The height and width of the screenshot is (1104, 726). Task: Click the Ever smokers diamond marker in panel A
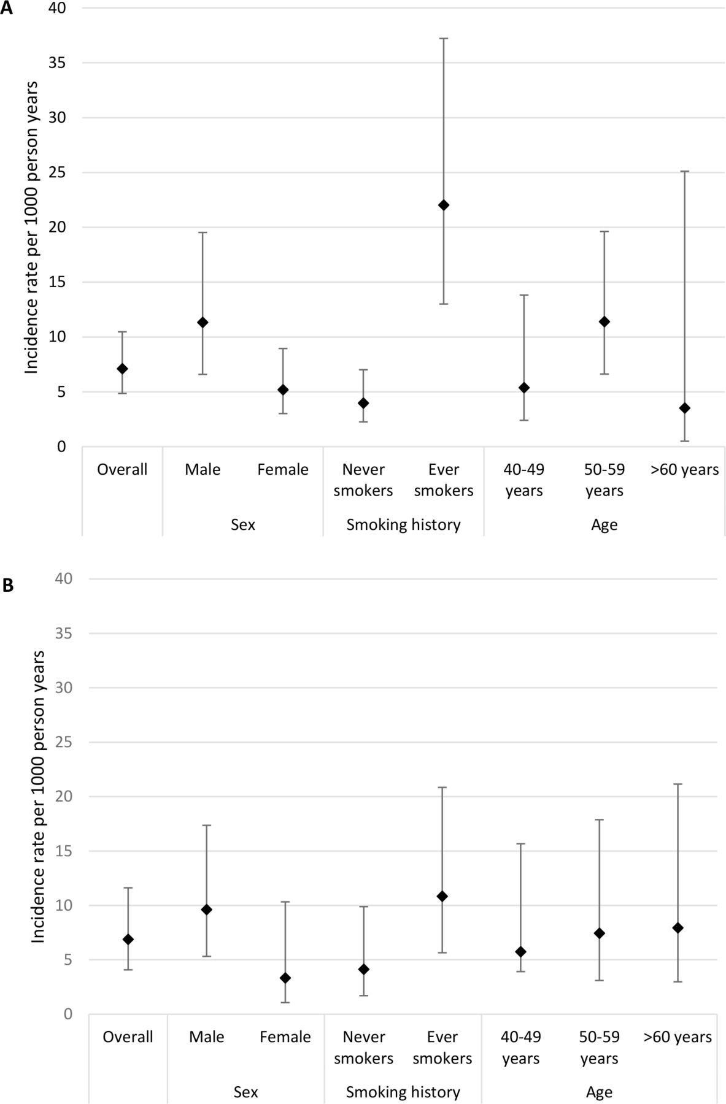[x=444, y=205]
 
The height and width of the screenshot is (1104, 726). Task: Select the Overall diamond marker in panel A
[x=122, y=369]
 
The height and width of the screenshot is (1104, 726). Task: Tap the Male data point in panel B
[x=207, y=910]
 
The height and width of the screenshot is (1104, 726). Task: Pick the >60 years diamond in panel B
[x=678, y=928]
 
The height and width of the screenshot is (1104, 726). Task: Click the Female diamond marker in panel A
[x=283, y=390]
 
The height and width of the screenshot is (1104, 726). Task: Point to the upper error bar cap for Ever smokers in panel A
[x=444, y=39]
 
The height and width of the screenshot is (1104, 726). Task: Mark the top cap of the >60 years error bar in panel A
[x=685, y=171]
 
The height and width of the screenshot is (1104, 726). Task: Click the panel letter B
[x=8, y=585]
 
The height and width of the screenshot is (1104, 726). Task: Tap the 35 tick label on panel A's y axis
[x=57, y=63]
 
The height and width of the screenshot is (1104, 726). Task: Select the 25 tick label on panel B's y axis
[x=63, y=742]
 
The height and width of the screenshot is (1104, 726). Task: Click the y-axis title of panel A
[x=32, y=227]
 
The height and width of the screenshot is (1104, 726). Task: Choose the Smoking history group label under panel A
[x=403, y=525]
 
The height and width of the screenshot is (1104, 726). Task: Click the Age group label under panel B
[x=599, y=1092]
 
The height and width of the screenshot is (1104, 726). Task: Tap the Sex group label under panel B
[x=245, y=1092]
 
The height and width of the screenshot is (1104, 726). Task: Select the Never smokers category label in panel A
[x=363, y=480]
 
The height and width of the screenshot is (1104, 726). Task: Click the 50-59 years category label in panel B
[x=599, y=1048]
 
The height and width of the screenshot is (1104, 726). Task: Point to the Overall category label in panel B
[x=128, y=1037]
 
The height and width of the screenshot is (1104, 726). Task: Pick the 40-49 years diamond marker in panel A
[x=524, y=388]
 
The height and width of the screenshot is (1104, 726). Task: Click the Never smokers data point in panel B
[x=363, y=969]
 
